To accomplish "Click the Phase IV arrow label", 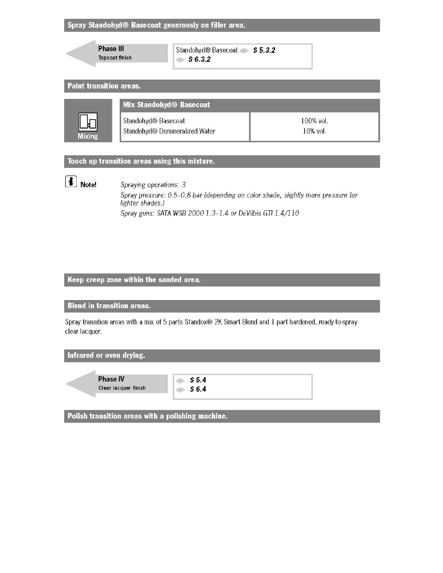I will click(x=111, y=380).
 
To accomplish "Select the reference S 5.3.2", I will click(x=264, y=50).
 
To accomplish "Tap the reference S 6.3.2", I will click(x=199, y=59).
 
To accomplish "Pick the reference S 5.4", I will click(x=198, y=380).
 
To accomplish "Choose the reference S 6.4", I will click(x=198, y=389).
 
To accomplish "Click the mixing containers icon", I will click(x=88, y=123).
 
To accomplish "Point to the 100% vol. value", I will click(x=314, y=121).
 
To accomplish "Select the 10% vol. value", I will click(x=314, y=131).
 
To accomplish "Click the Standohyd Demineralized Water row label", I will click(x=169, y=131).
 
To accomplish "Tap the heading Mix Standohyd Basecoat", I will click(x=166, y=105).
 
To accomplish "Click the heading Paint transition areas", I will click(x=104, y=86).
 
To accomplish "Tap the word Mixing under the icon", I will click(x=88, y=136).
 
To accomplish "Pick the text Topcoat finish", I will click(x=115, y=58).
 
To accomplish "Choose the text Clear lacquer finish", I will click(x=122, y=388).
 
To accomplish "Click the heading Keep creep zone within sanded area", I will click(x=134, y=280).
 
